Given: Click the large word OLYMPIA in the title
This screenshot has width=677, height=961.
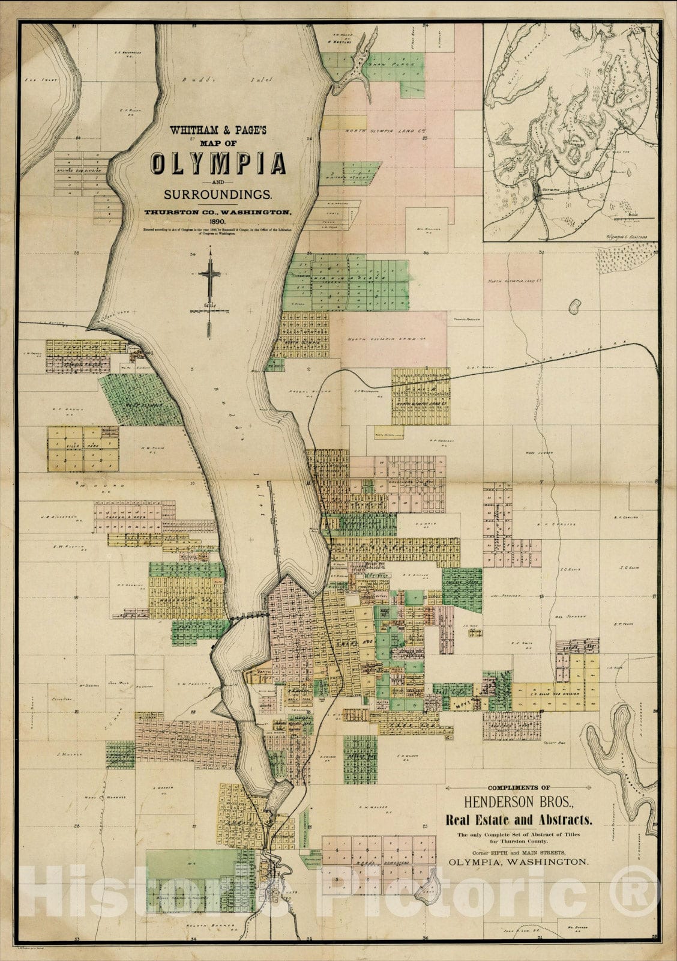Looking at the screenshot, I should coord(218,163).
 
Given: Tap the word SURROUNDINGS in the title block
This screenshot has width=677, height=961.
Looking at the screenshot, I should coord(218,195).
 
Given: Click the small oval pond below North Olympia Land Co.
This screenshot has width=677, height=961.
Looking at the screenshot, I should coord(575,308).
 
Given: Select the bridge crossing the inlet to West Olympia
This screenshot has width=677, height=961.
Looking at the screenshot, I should coord(248,616).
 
